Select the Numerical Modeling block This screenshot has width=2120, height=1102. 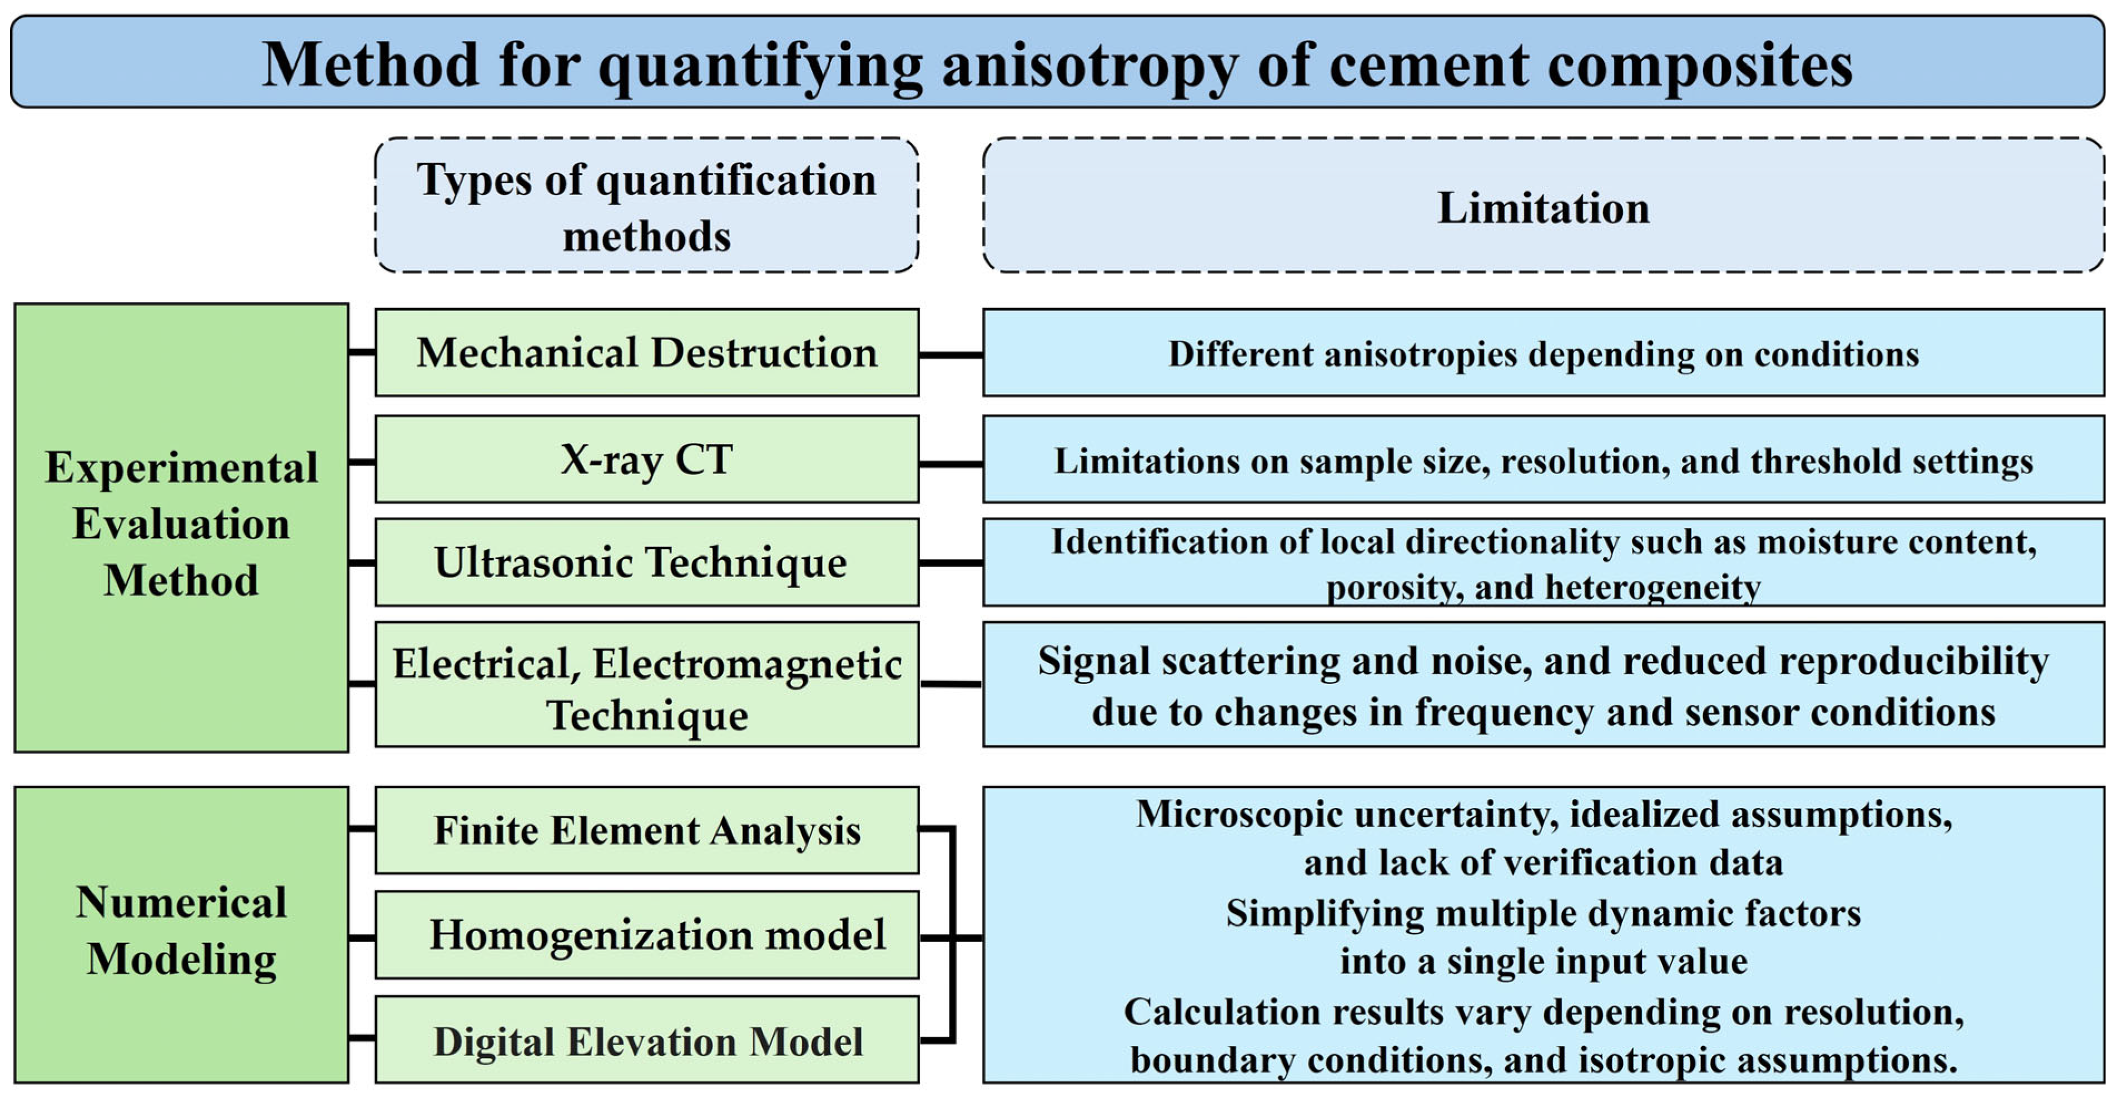pos(181,933)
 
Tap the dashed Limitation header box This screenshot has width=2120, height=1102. pos(1543,206)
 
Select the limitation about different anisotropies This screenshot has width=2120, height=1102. pos(1543,354)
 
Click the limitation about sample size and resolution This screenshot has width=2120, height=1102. pos(1543,461)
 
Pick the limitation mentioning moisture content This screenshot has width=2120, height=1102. pos(1543,563)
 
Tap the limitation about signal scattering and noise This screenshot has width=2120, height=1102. pos(1543,685)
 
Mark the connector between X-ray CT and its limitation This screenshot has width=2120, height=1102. pos(950,464)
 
